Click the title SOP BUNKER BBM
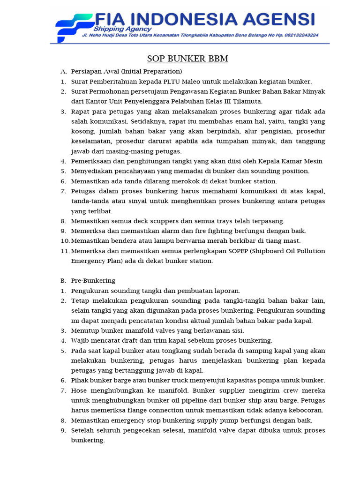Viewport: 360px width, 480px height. click(187, 59)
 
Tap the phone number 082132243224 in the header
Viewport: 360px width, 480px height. click(297, 35)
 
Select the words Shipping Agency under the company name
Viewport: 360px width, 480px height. click(118, 28)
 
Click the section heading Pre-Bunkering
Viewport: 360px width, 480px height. click(93, 281)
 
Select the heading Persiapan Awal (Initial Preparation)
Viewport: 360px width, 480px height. click(126, 71)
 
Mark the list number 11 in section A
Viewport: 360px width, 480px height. click(65, 251)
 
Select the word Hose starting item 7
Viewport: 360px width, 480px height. click(79, 390)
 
